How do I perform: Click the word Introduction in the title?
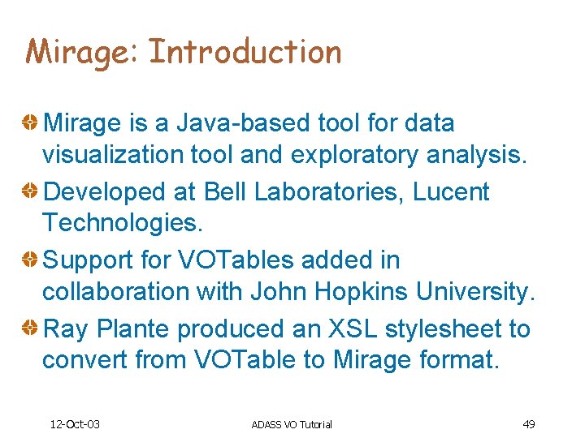pos(245,52)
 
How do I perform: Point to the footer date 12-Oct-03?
pos(75,424)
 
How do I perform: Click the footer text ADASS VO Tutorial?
pos(292,424)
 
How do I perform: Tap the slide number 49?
pos(528,424)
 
